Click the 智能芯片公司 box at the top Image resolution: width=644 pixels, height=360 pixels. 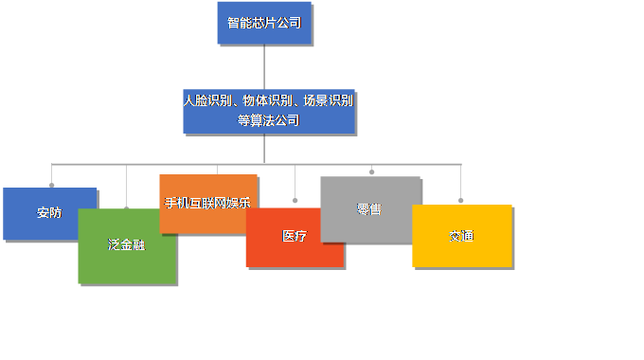click(264, 23)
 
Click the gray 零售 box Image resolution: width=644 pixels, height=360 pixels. click(370, 208)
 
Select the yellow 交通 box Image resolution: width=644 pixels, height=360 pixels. click(461, 235)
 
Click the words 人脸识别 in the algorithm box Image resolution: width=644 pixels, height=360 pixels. click(206, 99)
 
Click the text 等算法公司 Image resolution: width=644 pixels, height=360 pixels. click(268, 120)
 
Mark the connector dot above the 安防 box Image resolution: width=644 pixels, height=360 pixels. click(51, 184)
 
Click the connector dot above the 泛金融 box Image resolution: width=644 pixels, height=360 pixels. click(126, 207)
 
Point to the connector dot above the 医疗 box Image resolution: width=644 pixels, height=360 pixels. click(295, 201)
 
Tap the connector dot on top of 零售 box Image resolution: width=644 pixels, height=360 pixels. click(371, 171)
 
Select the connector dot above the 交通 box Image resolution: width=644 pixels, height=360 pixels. click(461, 200)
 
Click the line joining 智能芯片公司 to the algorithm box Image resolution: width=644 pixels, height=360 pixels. click(264, 66)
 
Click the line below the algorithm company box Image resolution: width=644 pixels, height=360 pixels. click(264, 149)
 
